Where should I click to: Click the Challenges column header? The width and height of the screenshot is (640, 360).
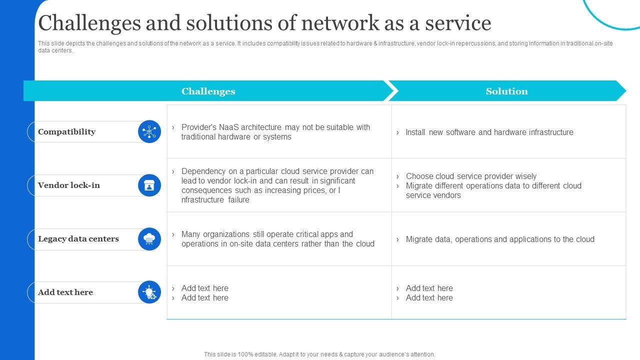208,91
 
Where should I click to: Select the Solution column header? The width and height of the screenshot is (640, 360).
506,91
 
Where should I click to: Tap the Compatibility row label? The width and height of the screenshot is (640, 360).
66,132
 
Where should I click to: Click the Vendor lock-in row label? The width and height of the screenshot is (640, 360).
69,185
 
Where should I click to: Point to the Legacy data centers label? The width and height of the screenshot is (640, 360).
78,239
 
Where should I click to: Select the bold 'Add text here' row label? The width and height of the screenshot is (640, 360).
65,292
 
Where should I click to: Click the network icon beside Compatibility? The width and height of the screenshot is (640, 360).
149,132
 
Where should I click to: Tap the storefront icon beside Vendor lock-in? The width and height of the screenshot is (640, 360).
149,185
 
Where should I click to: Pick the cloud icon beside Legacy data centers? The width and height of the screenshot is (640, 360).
149,239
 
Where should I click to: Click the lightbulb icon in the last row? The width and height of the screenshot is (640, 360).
149,292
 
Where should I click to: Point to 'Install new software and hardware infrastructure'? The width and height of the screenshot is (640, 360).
489,132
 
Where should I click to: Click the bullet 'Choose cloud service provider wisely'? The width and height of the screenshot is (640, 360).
471,176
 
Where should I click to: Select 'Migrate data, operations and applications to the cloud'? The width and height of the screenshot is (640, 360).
500,239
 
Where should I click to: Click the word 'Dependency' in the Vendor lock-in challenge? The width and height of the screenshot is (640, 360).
202,171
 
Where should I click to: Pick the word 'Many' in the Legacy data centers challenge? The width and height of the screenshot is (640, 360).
191,234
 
